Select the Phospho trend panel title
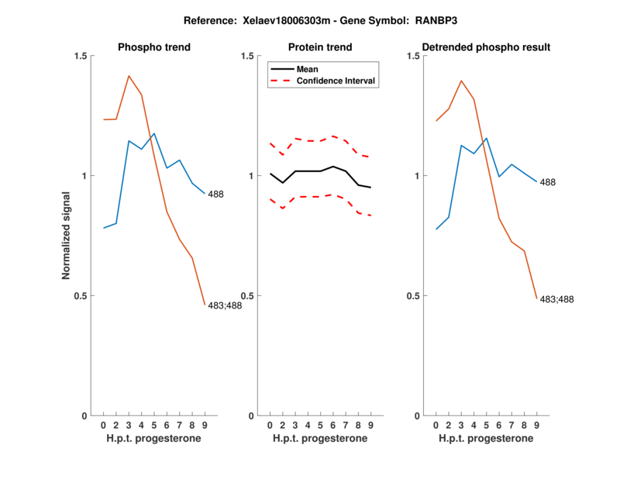[x=154, y=47]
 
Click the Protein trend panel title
[x=320, y=47]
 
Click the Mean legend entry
[x=308, y=69]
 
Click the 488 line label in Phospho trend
[x=215, y=195]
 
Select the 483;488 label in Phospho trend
[x=226, y=305]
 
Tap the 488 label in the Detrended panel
[x=548, y=182]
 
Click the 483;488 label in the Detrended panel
[x=557, y=299]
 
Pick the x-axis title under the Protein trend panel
[x=320, y=439]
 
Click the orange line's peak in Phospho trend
[x=129, y=76]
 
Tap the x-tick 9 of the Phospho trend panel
[x=205, y=425]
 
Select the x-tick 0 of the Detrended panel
[x=436, y=425]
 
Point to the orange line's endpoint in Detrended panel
[x=536, y=298]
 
